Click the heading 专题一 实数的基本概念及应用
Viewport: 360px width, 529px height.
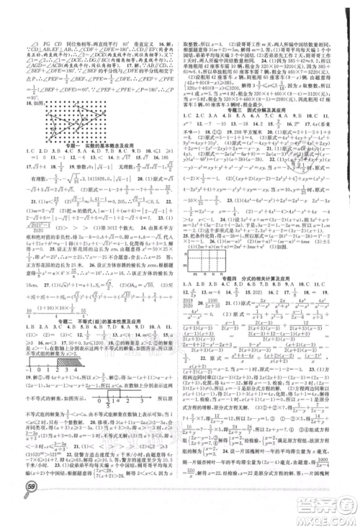(93, 143)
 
